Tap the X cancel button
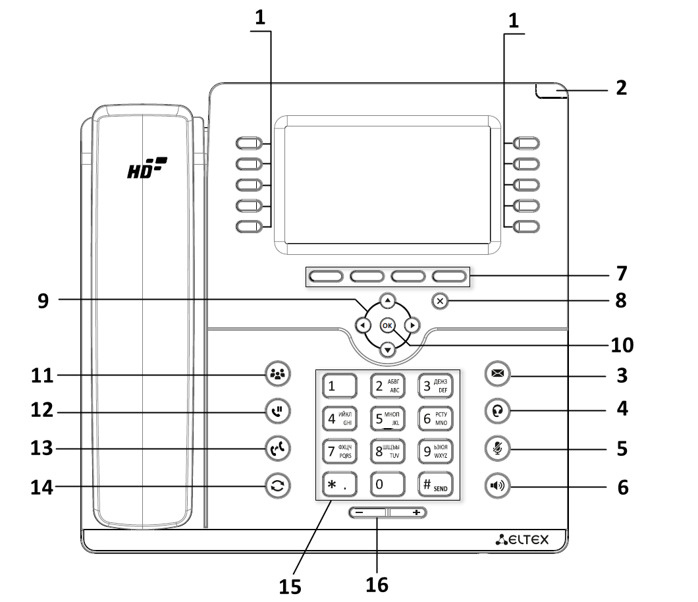[441, 302]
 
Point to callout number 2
[621, 88]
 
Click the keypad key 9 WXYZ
[435, 451]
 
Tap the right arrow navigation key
[412, 325]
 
